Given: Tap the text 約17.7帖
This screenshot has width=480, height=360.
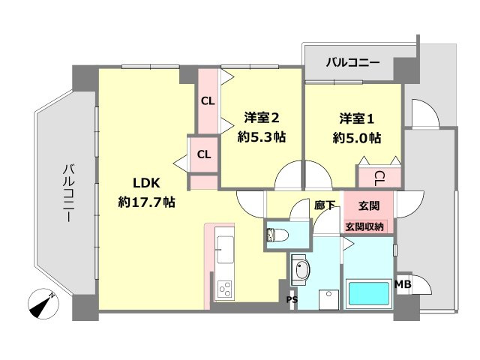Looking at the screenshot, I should tap(146, 202).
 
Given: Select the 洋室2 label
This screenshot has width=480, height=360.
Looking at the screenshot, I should tap(262, 118).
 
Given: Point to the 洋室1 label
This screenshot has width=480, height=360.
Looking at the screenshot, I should tap(358, 118).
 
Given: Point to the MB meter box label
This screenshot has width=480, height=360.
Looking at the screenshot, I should tap(403, 283).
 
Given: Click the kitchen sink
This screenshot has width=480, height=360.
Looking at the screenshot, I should tap(224, 248).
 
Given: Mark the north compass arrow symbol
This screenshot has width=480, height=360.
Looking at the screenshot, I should tap(44, 304).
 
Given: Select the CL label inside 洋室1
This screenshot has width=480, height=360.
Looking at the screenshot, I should tap(379, 177).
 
